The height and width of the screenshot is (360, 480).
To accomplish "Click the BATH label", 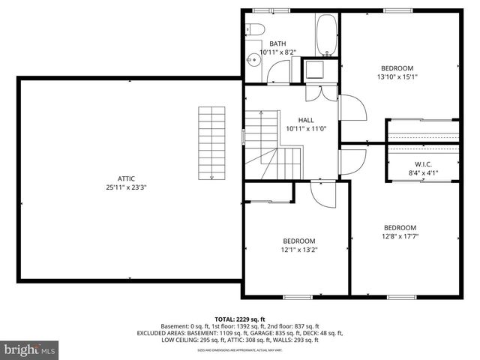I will [278, 43].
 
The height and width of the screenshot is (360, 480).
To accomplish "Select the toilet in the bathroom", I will [254, 29].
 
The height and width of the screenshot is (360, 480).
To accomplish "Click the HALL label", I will [306, 120].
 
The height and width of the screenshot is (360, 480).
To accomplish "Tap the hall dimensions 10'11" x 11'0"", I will [306, 129].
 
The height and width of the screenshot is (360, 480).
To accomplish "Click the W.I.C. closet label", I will [423, 164].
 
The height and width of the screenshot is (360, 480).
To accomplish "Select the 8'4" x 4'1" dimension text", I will [423, 173].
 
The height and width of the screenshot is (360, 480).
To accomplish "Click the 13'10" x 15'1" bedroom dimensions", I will [397, 76].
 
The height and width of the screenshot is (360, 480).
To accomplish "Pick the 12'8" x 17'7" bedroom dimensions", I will [400, 236].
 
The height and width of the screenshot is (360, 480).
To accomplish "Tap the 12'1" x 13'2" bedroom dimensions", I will [298, 250].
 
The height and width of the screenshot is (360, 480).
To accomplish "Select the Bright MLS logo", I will [29, 349].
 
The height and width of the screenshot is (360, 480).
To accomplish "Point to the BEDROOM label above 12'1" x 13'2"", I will [298, 241].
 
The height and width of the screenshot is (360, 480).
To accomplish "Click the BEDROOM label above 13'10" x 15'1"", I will [397, 67].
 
